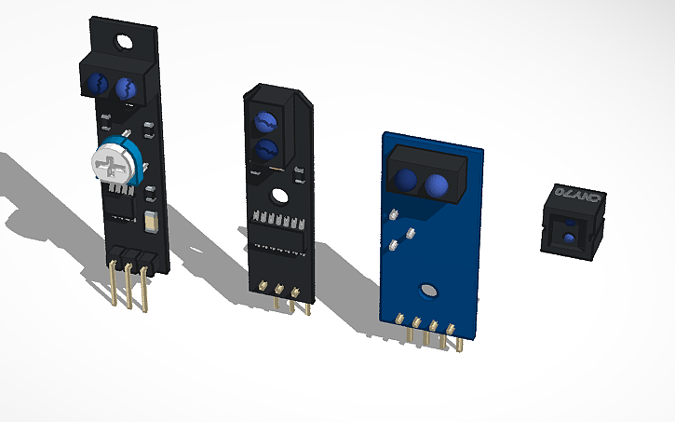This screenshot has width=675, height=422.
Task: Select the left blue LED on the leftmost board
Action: (x=97, y=87)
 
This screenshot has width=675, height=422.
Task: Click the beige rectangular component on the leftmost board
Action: (x=152, y=222)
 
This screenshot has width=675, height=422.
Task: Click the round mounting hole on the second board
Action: (x=278, y=197)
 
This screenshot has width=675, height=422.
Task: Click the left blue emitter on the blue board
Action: (x=405, y=179)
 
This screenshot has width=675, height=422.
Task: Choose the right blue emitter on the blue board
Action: (x=439, y=187)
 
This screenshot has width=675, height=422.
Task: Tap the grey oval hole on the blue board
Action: (x=428, y=291)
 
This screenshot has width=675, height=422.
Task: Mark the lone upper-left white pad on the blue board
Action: (x=395, y=213)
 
